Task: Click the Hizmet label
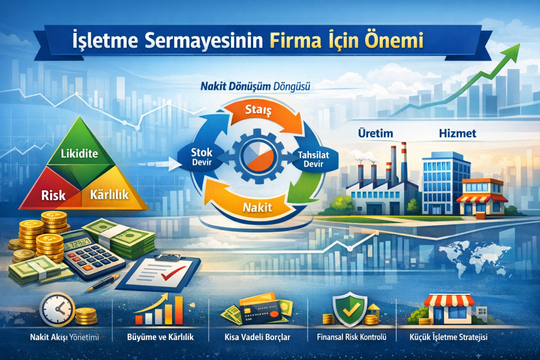click(457, 133)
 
